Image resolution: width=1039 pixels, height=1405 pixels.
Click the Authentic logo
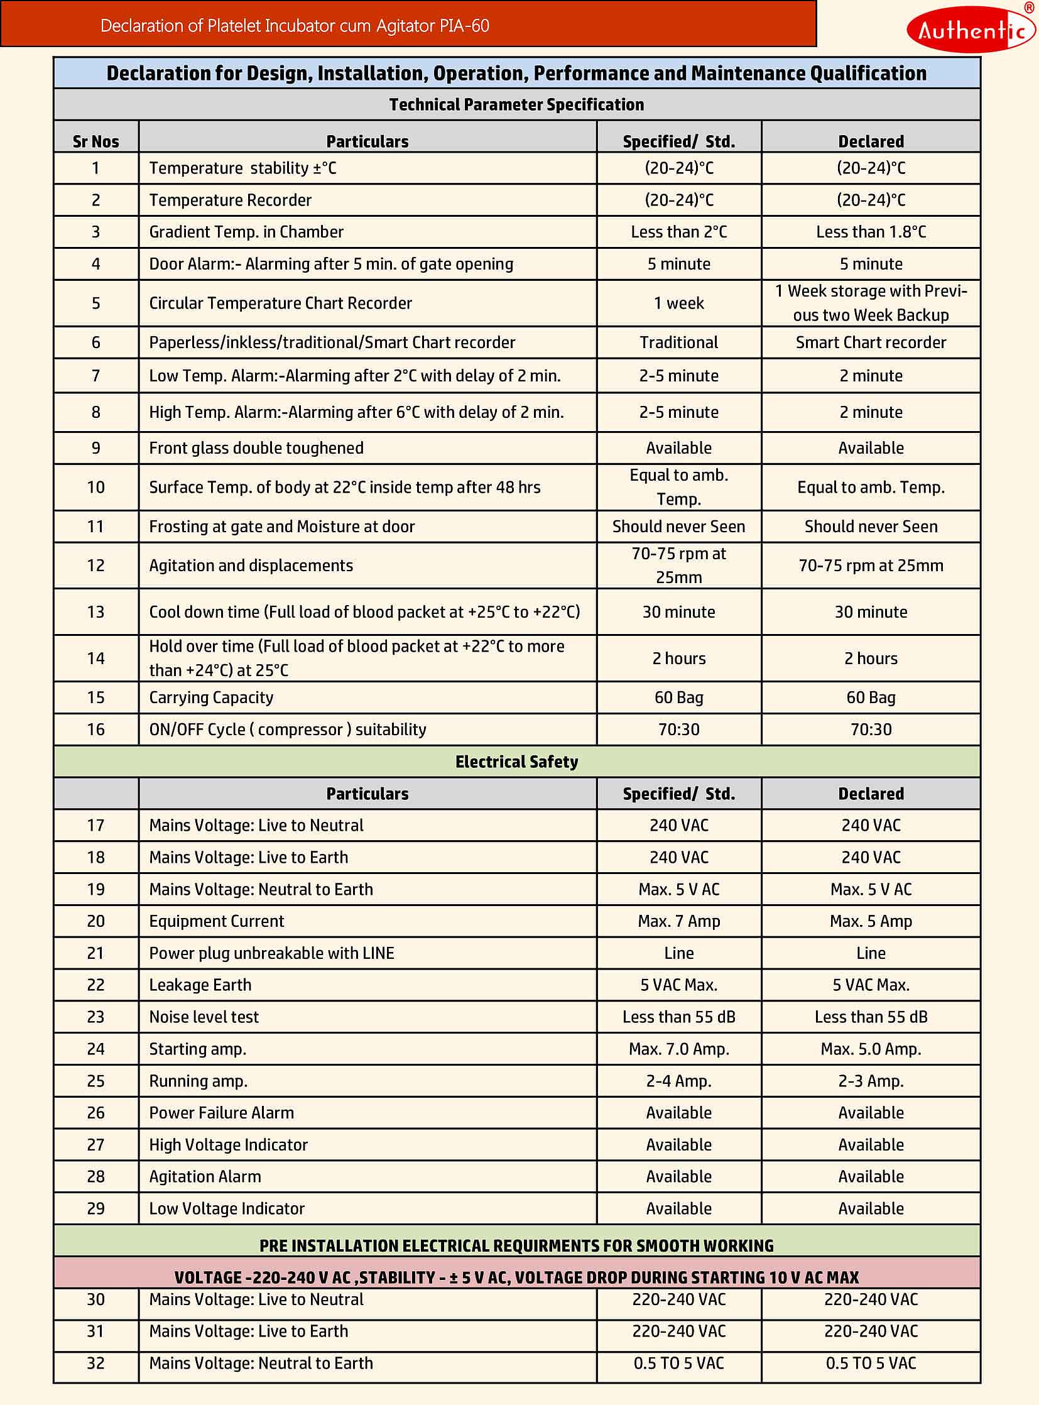click(971, 29)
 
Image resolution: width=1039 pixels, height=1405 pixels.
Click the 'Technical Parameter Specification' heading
click(516, 104)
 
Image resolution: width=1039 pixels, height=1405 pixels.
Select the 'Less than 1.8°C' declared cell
click(871, 232)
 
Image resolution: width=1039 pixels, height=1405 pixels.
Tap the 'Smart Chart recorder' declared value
click(871, 342)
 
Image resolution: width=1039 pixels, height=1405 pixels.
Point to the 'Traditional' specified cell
click(678, 342)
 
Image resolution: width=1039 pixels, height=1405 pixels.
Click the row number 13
click(95, 611)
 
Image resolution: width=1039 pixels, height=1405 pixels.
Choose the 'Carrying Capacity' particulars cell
click(211, 697)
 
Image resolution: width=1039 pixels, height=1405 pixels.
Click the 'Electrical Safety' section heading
click(516, 762)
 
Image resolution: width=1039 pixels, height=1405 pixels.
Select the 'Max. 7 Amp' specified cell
click(678, 921)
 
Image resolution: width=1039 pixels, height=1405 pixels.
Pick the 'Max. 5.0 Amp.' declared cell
click(871, 1049)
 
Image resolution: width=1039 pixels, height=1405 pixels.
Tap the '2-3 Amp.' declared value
click(871, 1081)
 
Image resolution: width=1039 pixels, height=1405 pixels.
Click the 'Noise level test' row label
click(204, 1017)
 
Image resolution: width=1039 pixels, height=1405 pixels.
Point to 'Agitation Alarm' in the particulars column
click(205, 1177)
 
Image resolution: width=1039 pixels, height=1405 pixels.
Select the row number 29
click(95, 1209)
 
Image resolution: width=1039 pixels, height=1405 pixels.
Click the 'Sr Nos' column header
click(95, 141)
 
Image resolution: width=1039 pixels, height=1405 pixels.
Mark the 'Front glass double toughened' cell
click(256, 448)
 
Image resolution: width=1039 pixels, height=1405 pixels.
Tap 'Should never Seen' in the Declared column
click(871, 527)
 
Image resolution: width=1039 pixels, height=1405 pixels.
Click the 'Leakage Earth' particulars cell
click(200, 985)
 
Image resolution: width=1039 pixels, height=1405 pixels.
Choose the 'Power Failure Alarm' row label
click(221, 1112)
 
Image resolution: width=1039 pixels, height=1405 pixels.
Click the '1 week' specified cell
click(678, 303)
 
